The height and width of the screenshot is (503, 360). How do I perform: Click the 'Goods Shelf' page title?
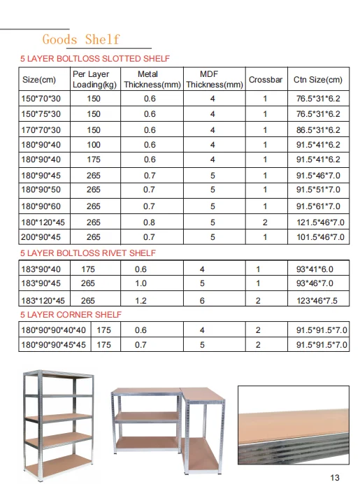click(x=80, y=39)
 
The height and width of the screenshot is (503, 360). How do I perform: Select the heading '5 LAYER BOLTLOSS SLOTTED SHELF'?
click(x=94, y=59)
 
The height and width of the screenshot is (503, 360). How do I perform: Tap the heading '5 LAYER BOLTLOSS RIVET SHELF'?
click(x=88, y=253)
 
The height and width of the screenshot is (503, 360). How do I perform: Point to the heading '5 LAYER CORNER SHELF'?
click(x=71, y=315)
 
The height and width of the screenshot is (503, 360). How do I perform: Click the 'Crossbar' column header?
click(x=265, y=80)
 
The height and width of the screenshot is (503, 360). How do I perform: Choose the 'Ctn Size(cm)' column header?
click(x=317, y=80)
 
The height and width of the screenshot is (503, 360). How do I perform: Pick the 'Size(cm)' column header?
click(x=40, y=80)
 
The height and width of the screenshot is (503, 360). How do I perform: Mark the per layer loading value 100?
click(x=94, y=145)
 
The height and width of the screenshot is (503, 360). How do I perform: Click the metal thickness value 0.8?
click(x=150, y=222)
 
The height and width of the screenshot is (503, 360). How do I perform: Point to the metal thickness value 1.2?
click(x=142, y=300)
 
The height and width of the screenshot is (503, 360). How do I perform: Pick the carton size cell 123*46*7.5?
click(x=316, y=300)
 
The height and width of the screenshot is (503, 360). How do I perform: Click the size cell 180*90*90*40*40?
click(x=53, y=330)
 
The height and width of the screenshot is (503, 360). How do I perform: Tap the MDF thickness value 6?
click(x=202, y=300)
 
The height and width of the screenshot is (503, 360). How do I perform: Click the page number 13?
click(x=333, y=478)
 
